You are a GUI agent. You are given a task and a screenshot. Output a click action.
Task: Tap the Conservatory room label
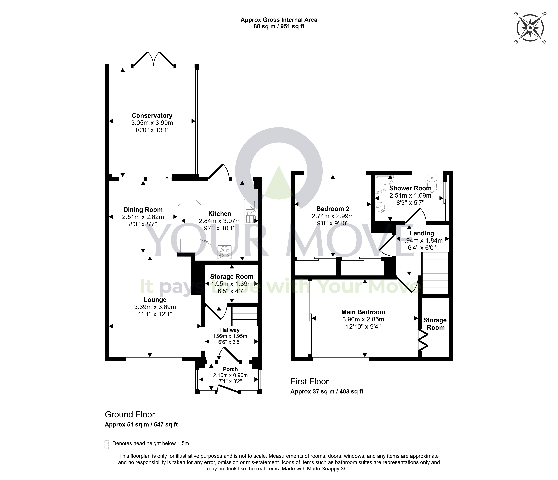[152, 116]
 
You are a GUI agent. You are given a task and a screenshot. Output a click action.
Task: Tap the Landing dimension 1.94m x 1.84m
[422, 240]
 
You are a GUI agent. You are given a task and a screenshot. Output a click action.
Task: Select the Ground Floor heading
[130, 414]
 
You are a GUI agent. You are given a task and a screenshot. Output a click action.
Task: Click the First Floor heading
[309, 381]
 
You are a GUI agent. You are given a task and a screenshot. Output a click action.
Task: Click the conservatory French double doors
[153, 59]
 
